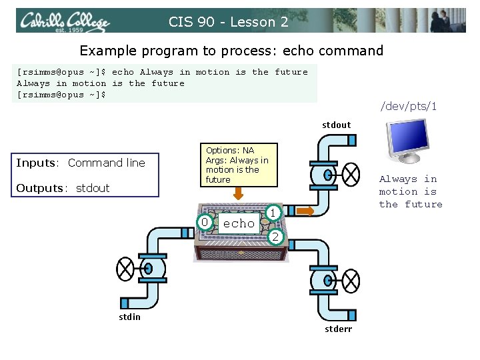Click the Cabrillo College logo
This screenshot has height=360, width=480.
[x=64, y=22]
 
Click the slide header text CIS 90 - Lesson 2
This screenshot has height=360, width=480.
[x=229, y=22]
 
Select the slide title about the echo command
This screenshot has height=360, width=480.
[x=231, y=51]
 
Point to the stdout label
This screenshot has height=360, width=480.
[x=336, y=125]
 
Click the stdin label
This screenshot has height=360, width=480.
[x=129, y=317]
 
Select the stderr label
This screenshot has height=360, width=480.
[x=338, y=329]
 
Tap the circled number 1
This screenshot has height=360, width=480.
[x=272, y=212]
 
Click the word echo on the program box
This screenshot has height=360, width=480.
[x=239, y=224]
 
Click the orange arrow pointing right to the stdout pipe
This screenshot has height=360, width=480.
[x=305, y=211]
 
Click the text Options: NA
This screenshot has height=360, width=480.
[x=230, y=151]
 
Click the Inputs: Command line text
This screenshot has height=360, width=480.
[x=81, y=163]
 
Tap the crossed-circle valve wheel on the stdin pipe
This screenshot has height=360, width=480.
[x=125, y=269]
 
